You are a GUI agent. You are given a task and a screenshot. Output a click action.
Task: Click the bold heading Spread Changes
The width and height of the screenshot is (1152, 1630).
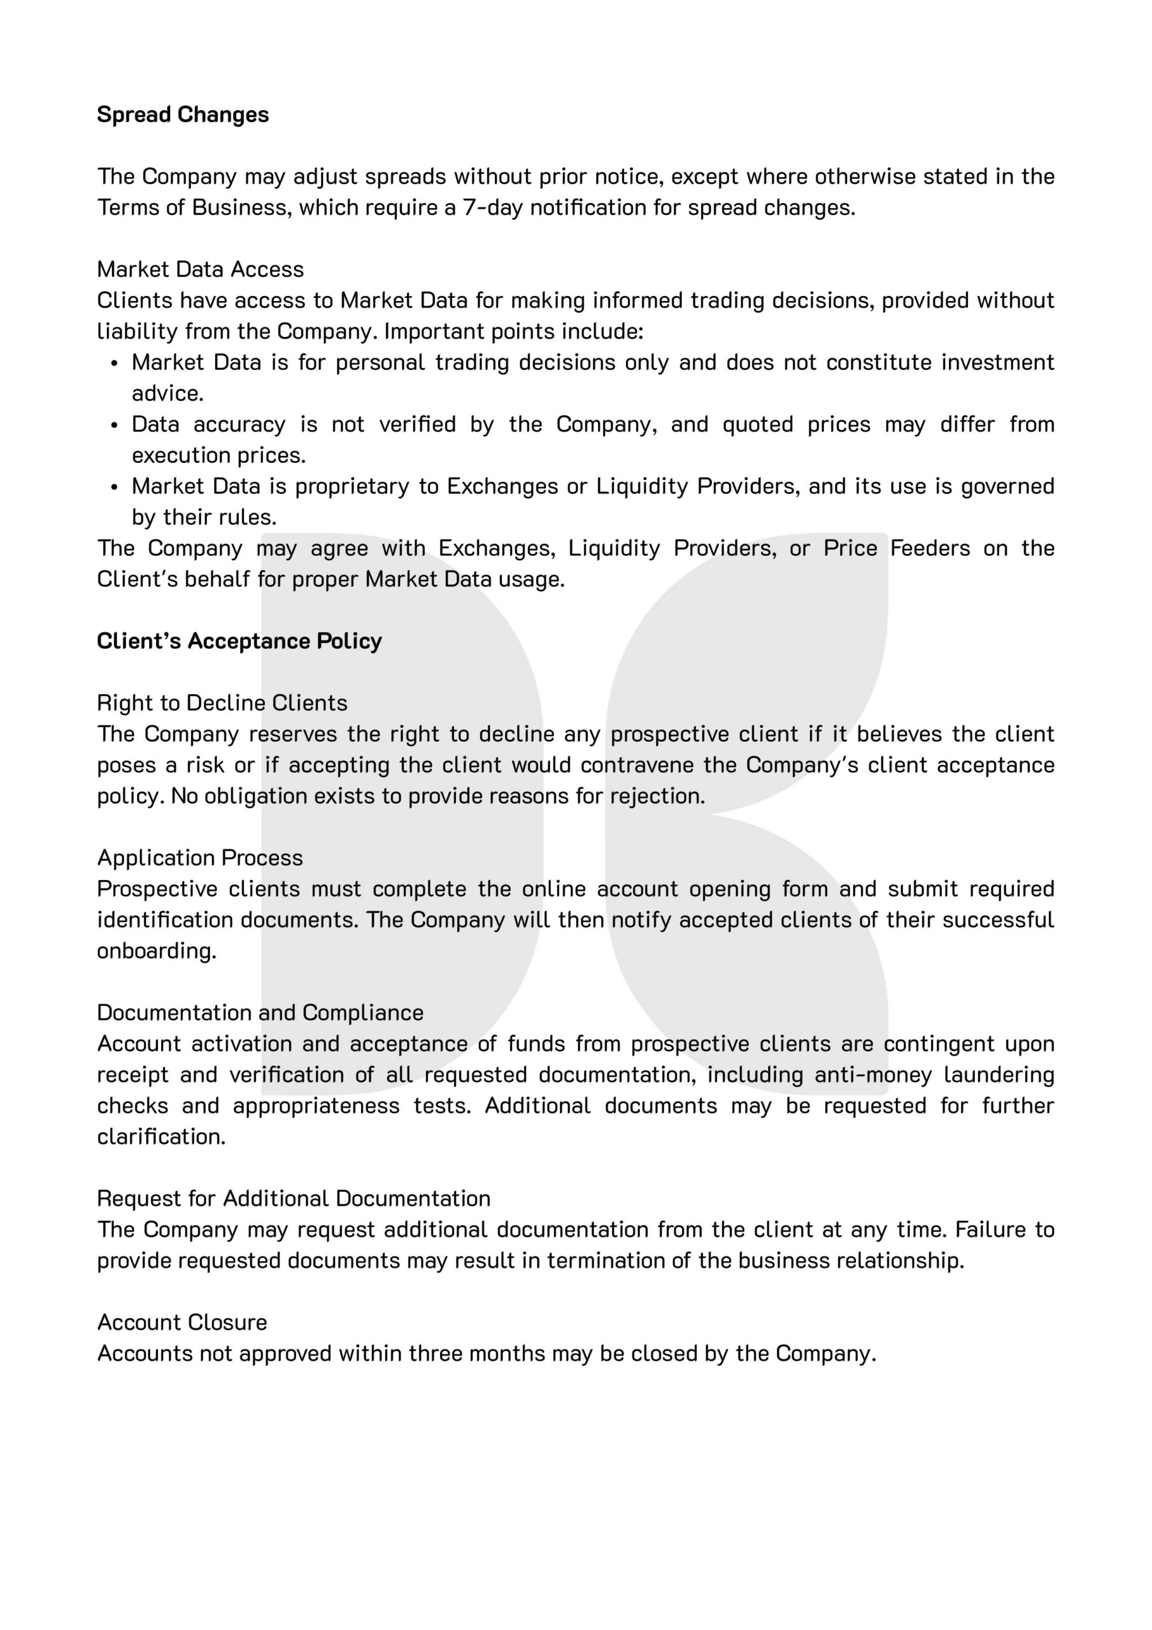tap(183, 115)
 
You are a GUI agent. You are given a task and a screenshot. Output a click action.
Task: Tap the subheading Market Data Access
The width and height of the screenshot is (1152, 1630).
tap(201, 270)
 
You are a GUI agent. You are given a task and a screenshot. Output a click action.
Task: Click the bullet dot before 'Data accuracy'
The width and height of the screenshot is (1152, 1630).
tap(115, 426)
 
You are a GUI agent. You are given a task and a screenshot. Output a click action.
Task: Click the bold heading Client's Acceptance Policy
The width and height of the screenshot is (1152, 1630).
tap(239, 641)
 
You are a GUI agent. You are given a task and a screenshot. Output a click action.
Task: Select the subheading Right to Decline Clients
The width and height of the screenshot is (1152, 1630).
tap(222, 703)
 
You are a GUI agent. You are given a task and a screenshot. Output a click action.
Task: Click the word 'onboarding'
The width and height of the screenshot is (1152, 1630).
tap(156, 951)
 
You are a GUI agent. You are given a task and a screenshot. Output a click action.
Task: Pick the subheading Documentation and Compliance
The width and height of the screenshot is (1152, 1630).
tap(260, 1013)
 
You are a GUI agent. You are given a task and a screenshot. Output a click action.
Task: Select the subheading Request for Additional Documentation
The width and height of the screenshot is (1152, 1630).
tap(294, 1198)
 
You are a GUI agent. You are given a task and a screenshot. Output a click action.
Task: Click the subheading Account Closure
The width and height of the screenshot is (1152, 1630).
tap(182, 1322)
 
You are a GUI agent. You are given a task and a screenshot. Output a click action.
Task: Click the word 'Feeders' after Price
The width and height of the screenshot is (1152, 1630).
tap(930, 549)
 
